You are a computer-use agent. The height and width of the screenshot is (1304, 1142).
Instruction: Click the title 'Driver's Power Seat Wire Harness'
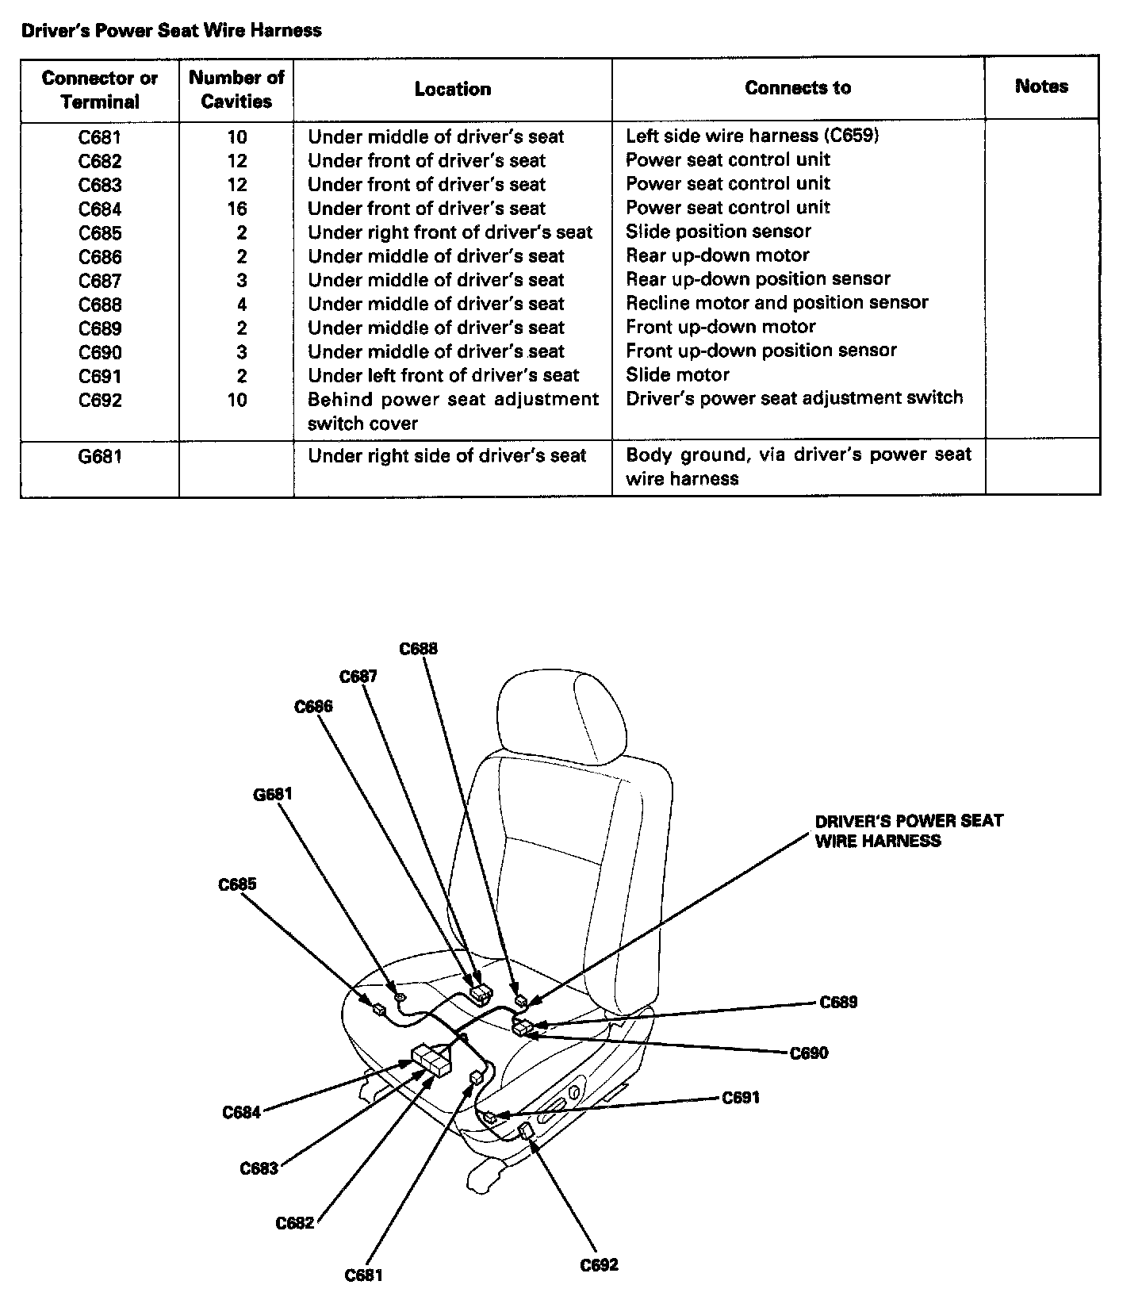(x=171, y=31)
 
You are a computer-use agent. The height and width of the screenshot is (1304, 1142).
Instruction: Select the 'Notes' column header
(x=1041, y=86)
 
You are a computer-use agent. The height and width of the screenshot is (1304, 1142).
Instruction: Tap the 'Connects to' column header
(x=798, y=88)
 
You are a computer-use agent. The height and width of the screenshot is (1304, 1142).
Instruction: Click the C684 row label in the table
(x=100, y=209)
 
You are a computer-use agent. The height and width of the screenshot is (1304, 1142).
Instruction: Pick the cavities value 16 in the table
(x=236, y=209)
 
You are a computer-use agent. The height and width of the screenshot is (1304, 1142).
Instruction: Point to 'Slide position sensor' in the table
(x=719, y=232)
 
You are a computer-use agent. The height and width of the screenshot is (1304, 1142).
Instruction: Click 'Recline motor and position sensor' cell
(x=776, y=303)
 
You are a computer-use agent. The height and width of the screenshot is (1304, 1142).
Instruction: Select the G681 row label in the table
(x=100, y=456)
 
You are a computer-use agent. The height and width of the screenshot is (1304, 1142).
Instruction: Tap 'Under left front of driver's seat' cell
(x=443, y=375)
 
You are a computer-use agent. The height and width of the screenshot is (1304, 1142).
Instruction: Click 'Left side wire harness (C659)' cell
(x=752, y=136)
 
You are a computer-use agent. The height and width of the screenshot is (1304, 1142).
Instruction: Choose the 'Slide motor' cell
(x=677, y=374)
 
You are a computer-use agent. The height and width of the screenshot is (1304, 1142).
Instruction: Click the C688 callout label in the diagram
(x=418, y=649)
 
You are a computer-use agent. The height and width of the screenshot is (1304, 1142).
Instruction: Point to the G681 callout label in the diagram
(x=273, y=794)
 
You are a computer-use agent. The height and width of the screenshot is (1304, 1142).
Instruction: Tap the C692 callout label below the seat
(x=599, y=1264)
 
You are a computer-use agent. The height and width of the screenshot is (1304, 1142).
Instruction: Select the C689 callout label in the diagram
(x=838, y=1002)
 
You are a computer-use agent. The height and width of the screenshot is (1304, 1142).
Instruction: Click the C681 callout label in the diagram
(x=364, y=1275)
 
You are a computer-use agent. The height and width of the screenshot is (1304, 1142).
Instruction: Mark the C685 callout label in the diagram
(x=238, y=884)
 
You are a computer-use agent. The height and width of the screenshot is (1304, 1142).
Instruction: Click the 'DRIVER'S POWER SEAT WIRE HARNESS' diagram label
(x=908, y=830)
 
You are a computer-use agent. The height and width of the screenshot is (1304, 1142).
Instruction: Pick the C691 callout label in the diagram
(x=741, y=1098)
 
